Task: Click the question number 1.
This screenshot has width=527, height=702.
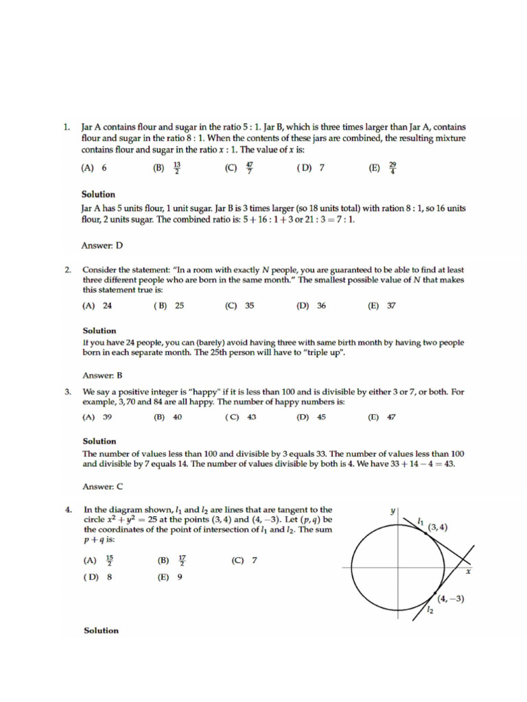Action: pyautogui.click(x=67, y=128)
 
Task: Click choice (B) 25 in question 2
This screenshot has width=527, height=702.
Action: pyautogui.click(x=169, y=306)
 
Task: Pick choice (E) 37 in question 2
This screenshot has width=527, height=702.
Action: pyautogui.click(x=382, y=306)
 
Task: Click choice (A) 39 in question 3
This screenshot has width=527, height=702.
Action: pyautogui.click(x=97, y=417)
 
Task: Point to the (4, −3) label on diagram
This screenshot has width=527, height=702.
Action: pyautogui.click(x=451, y=598)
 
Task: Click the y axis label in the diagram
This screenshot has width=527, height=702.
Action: pyautogui.click(x=393, y=511)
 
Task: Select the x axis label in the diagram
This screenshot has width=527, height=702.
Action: pyautogui.click(x=469, y=570)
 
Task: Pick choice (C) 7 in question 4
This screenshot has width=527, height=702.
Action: pyautogui.click(x=244, y=560)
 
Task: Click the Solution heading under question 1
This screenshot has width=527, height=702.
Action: pyautogui.click(x=98, y=194)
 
